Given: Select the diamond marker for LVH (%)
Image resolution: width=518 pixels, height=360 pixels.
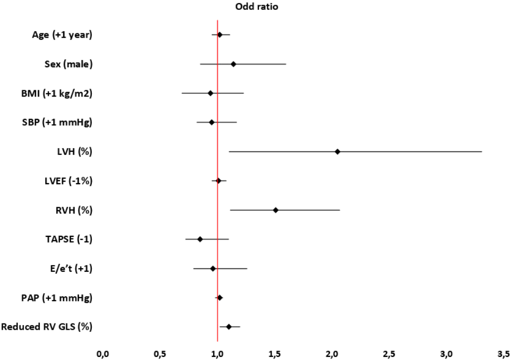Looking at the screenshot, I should [x=337, y=152].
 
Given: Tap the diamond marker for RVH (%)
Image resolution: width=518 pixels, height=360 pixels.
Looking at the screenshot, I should [x=276, y=210].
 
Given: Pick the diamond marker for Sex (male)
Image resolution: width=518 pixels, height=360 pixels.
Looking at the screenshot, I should [x=233, y=64].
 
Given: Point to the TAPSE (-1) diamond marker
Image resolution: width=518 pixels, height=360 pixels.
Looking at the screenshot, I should [x=200, y=239].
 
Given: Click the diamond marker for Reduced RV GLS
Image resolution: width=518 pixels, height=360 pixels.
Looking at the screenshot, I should [x=229, y=327].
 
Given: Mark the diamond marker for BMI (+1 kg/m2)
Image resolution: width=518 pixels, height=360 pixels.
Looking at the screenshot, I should [x=210, y=93].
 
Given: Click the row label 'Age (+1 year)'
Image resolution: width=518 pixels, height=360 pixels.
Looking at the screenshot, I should [x=62, y=35].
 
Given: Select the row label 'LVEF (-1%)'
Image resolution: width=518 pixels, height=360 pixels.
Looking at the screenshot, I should [x=68, y=181].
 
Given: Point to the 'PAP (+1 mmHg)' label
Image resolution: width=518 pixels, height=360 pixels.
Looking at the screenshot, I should [x=61, y=298].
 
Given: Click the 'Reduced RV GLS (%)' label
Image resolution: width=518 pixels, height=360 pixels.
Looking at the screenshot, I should [x=47, y=327].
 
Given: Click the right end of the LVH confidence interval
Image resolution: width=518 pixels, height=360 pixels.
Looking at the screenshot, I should [x=481, y=152].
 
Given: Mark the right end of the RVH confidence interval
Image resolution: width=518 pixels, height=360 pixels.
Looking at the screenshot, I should [x=340, y=210].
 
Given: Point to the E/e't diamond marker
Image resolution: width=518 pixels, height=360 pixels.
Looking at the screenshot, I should [x=213, y=269].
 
